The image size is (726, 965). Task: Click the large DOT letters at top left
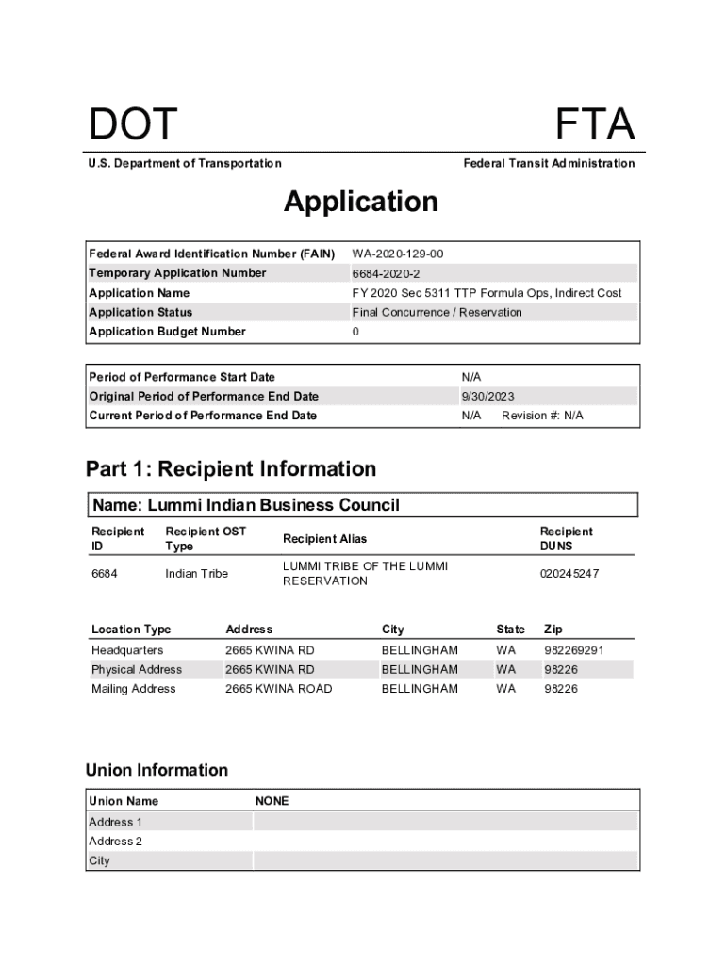[133, 126]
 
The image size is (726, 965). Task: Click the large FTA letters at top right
[595, 126]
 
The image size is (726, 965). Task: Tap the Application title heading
[361, 202]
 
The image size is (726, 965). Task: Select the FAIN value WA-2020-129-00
[398, 254]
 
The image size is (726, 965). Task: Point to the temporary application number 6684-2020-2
[387, 273]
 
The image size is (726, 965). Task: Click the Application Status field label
[140, 312]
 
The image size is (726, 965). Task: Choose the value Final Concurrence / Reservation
[437, 312]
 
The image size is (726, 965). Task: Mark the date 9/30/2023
[487, 397]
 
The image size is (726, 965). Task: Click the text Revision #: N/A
[542, 416]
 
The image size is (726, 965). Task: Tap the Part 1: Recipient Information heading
[231, 469]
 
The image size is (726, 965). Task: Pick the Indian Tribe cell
[196, 574]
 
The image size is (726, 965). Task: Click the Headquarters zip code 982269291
[574, 650]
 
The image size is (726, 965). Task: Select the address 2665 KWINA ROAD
[278, 689]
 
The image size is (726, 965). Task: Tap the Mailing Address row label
[133, 689]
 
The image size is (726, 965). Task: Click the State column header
[511, 630]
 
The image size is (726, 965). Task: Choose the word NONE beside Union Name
[272, 801]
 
